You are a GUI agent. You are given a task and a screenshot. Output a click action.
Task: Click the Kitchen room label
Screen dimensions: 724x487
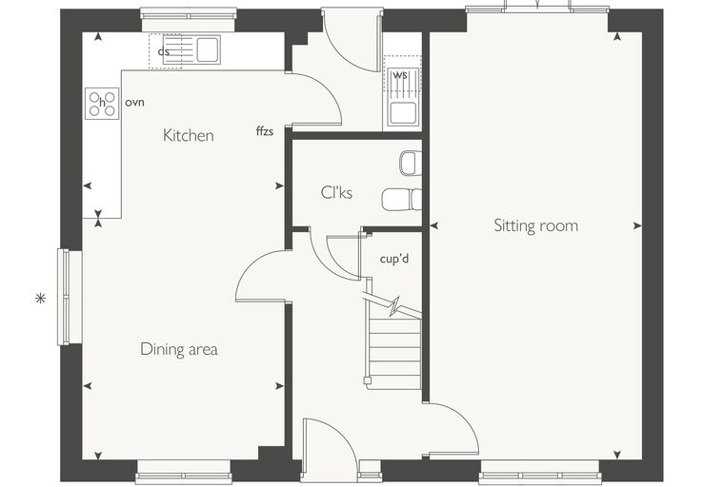click(x=189, y=136)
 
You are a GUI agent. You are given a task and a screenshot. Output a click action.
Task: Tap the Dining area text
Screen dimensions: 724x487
click(x=179, y=349)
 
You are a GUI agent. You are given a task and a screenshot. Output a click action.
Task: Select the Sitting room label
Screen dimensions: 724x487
click(x=535, y=225)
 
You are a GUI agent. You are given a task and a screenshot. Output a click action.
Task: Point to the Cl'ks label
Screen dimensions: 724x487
click(x=336, y=192)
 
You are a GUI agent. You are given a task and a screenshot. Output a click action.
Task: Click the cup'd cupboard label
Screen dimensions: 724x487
click(x=394, y=259)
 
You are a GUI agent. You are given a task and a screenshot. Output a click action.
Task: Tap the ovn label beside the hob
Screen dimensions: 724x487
click(x=135, y=102)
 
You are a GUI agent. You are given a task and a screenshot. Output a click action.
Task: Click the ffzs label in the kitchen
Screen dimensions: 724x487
click(x=265, y=131)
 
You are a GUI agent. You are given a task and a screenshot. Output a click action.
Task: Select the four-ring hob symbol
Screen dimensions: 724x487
click(x=102, y=104)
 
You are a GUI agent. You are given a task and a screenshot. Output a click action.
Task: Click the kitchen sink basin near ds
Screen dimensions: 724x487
click(x=208, y=49)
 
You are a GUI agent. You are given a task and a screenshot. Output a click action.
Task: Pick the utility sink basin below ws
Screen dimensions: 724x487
click(x=403, y=113)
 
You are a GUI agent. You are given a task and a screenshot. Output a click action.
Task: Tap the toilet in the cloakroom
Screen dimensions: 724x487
click(x=402, y=200)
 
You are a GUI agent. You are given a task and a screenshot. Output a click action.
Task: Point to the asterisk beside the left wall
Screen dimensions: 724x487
click(x=41, y=299)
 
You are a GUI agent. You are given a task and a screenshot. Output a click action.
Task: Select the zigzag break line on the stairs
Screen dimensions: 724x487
click(x=392, y=307)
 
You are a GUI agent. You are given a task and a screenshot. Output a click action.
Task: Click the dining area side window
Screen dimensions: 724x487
click(x=64, y=297)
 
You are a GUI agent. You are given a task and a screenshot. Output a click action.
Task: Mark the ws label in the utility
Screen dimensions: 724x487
click(x=400, y=75)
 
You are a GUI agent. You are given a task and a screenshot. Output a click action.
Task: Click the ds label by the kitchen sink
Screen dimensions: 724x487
click(x=164, y=51)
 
